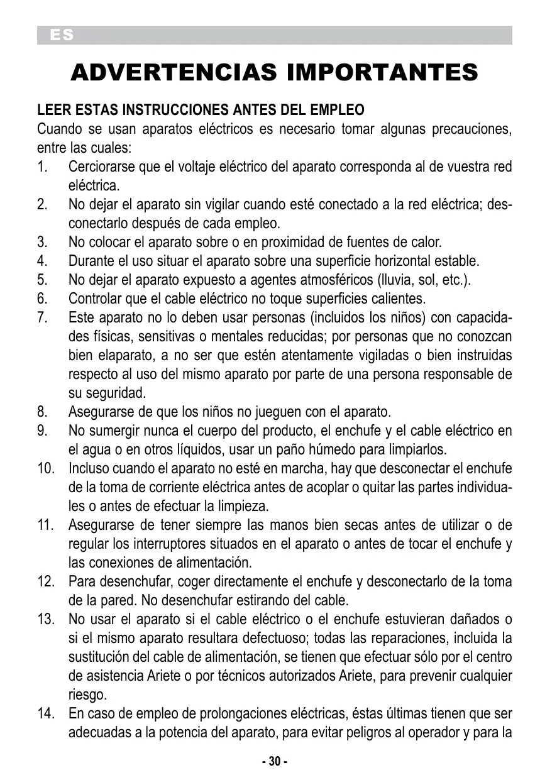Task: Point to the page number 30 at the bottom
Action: pos(275,761)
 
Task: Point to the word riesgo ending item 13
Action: pos(87,695)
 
